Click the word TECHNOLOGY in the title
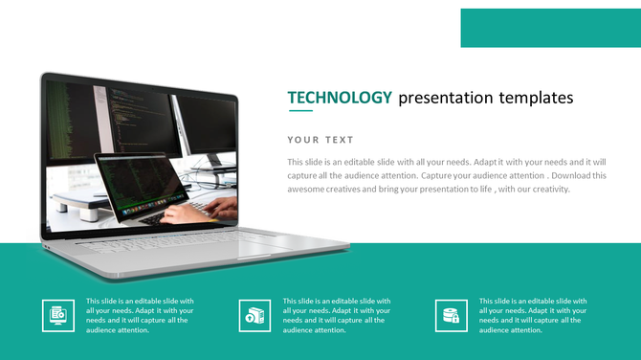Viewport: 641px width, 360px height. tap(340, 98)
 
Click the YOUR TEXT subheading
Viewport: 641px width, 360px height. tap(320, 140)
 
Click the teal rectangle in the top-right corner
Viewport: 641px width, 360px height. tap(550, 28)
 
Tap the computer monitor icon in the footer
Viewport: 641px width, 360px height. tap(58, 315)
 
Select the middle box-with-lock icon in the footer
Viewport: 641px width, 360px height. tap(254, 315)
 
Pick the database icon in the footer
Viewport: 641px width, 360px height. tap(452, 315)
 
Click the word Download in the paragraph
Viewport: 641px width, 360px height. tap(577, 176)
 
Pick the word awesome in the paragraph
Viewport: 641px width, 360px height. tap(310, 190)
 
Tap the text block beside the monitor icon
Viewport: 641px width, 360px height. tap(140, 315)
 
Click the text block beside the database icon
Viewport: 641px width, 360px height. tap(533, 315)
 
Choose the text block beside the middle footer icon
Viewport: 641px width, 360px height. tap(337, 315)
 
